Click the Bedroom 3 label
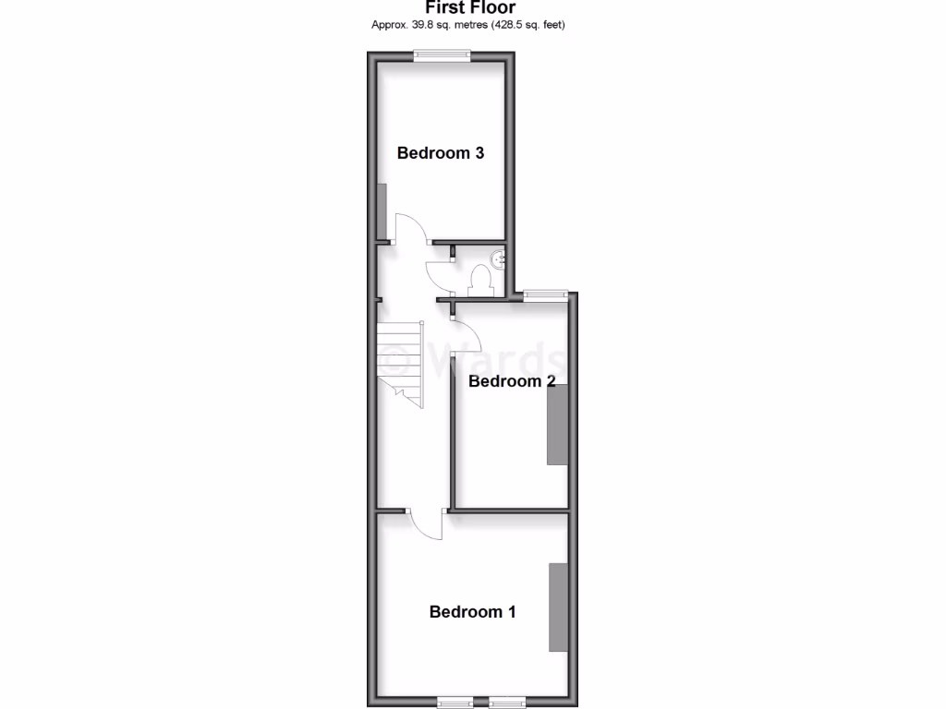coord(441,153)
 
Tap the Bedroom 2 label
coord(512,380)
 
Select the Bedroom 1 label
coord(472,611)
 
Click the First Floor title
coord(470,8)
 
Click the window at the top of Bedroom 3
coord(442,54)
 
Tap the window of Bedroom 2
coord(544,294)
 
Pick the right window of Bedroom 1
coord(506,701)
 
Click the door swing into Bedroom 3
coord(411,228)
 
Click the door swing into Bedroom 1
coord(426,524)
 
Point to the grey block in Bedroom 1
coord(558,607)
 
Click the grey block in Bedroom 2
coord(557,425)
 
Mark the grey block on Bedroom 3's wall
coord(381,210)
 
